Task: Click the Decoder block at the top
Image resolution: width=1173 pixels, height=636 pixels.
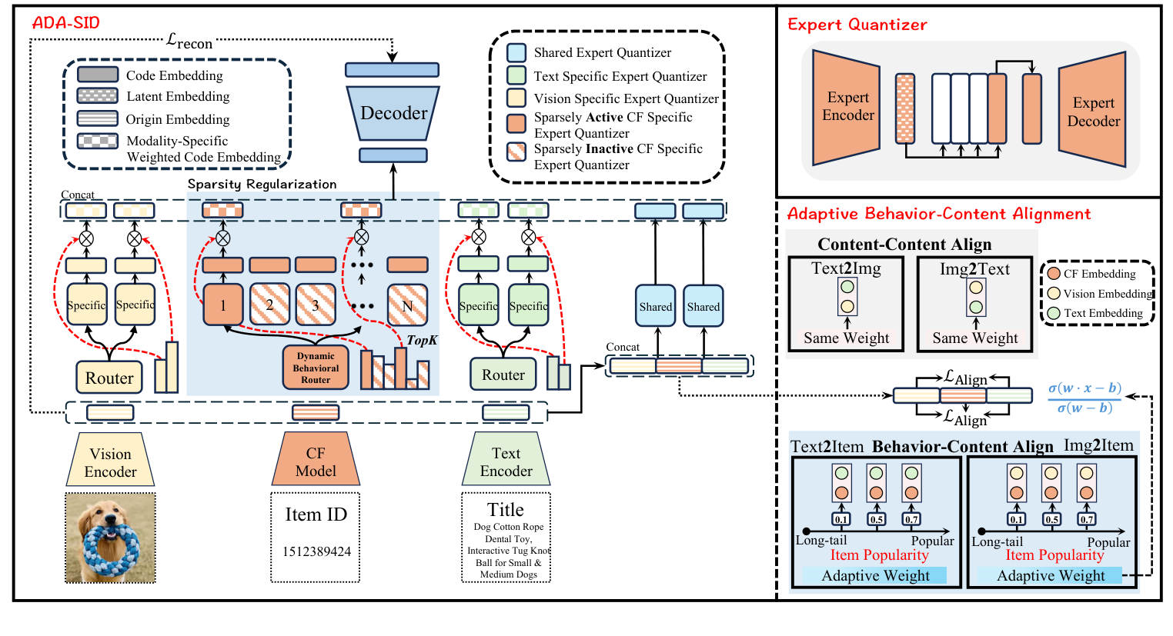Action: coord(393,113)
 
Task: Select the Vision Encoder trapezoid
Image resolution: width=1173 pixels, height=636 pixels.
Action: coord(110,462)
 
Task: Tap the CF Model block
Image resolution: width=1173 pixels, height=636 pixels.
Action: coord(316,461)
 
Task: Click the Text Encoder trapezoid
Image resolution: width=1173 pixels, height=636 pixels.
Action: coord(506,461)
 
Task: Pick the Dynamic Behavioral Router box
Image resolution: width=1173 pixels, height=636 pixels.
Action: coord(316,368)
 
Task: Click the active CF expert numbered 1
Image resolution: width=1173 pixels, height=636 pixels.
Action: coord(223,305)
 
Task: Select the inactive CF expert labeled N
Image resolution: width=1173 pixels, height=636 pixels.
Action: coord(407,305)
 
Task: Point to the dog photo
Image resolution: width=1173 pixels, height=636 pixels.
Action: coord(110,538)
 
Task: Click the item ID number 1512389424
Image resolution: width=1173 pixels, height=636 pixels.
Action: coord(316,551)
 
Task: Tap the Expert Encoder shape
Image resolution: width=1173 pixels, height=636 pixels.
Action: coord(847,107)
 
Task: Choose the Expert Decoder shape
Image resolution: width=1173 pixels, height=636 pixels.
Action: coord(1093,112)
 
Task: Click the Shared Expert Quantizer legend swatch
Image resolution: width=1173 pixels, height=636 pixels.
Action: coord(516,52)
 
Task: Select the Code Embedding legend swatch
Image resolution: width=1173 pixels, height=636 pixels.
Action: coord(98,75)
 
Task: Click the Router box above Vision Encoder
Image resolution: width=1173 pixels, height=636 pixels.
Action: coord(109,378)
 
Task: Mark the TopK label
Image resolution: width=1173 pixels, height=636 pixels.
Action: coord(422,340)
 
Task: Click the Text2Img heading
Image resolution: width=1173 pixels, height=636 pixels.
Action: coord(846,268)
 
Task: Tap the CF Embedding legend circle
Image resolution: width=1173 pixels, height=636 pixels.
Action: coord(1054,273)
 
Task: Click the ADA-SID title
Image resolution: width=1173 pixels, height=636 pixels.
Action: coord(66,22)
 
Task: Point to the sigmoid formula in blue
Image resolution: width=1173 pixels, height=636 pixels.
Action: coord(1084,398)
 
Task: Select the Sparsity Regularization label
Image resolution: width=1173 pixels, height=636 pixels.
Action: coord(262,184)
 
